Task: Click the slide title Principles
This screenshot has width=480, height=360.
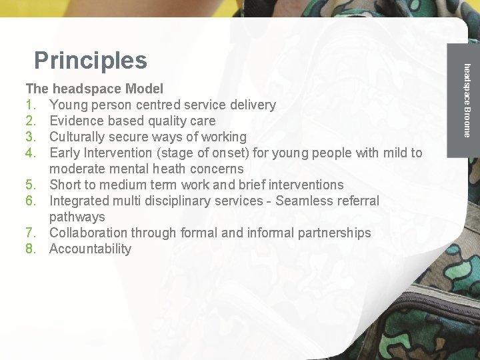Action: coord(90,61)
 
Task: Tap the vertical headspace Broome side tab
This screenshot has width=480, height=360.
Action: coord(467,100)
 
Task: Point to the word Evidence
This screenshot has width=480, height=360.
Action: coord(77,121)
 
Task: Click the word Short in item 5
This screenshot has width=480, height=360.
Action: coord(65,185)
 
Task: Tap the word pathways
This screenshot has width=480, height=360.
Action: coord(77,217)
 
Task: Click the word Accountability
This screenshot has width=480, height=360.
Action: coord(91,249)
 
